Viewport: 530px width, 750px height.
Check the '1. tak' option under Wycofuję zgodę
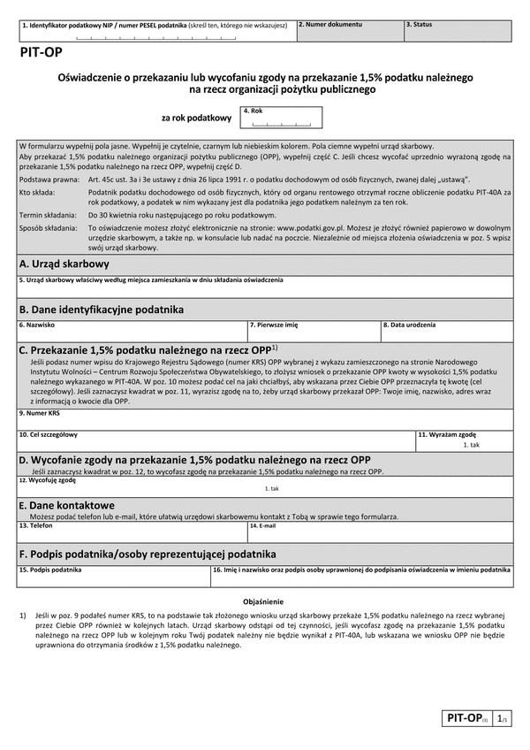tap(271, 489)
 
